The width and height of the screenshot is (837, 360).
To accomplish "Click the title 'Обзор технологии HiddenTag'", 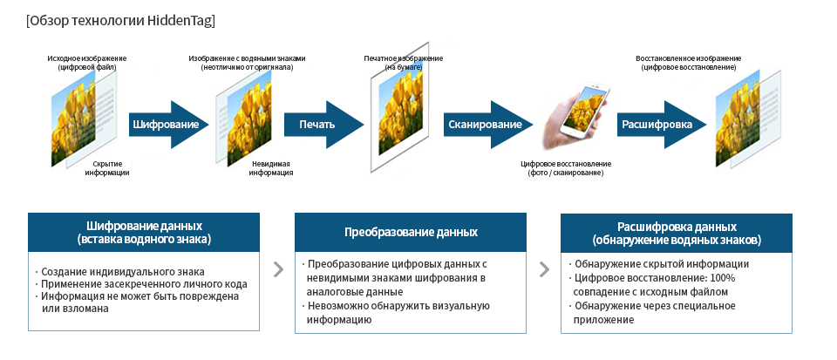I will pos(121,19).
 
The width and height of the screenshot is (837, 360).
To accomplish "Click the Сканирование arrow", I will pos(485,124).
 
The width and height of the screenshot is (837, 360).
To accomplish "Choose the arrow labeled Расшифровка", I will pos(657,124).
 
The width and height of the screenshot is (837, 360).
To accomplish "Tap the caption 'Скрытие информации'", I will pos(107,168).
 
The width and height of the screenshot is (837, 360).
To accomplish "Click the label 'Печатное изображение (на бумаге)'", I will pos(403,62).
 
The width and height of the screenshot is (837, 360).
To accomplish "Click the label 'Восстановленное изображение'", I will pos(689,62).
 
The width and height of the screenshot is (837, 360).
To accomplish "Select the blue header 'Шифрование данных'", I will pos(144,232).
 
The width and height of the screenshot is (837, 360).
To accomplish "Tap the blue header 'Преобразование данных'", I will pos(411,232).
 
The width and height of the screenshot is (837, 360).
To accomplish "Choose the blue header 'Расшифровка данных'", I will pos(677,232).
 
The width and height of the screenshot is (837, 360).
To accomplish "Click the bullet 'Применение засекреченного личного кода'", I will pos(145,284).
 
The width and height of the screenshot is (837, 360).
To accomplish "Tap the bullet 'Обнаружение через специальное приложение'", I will pos(654,312).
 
